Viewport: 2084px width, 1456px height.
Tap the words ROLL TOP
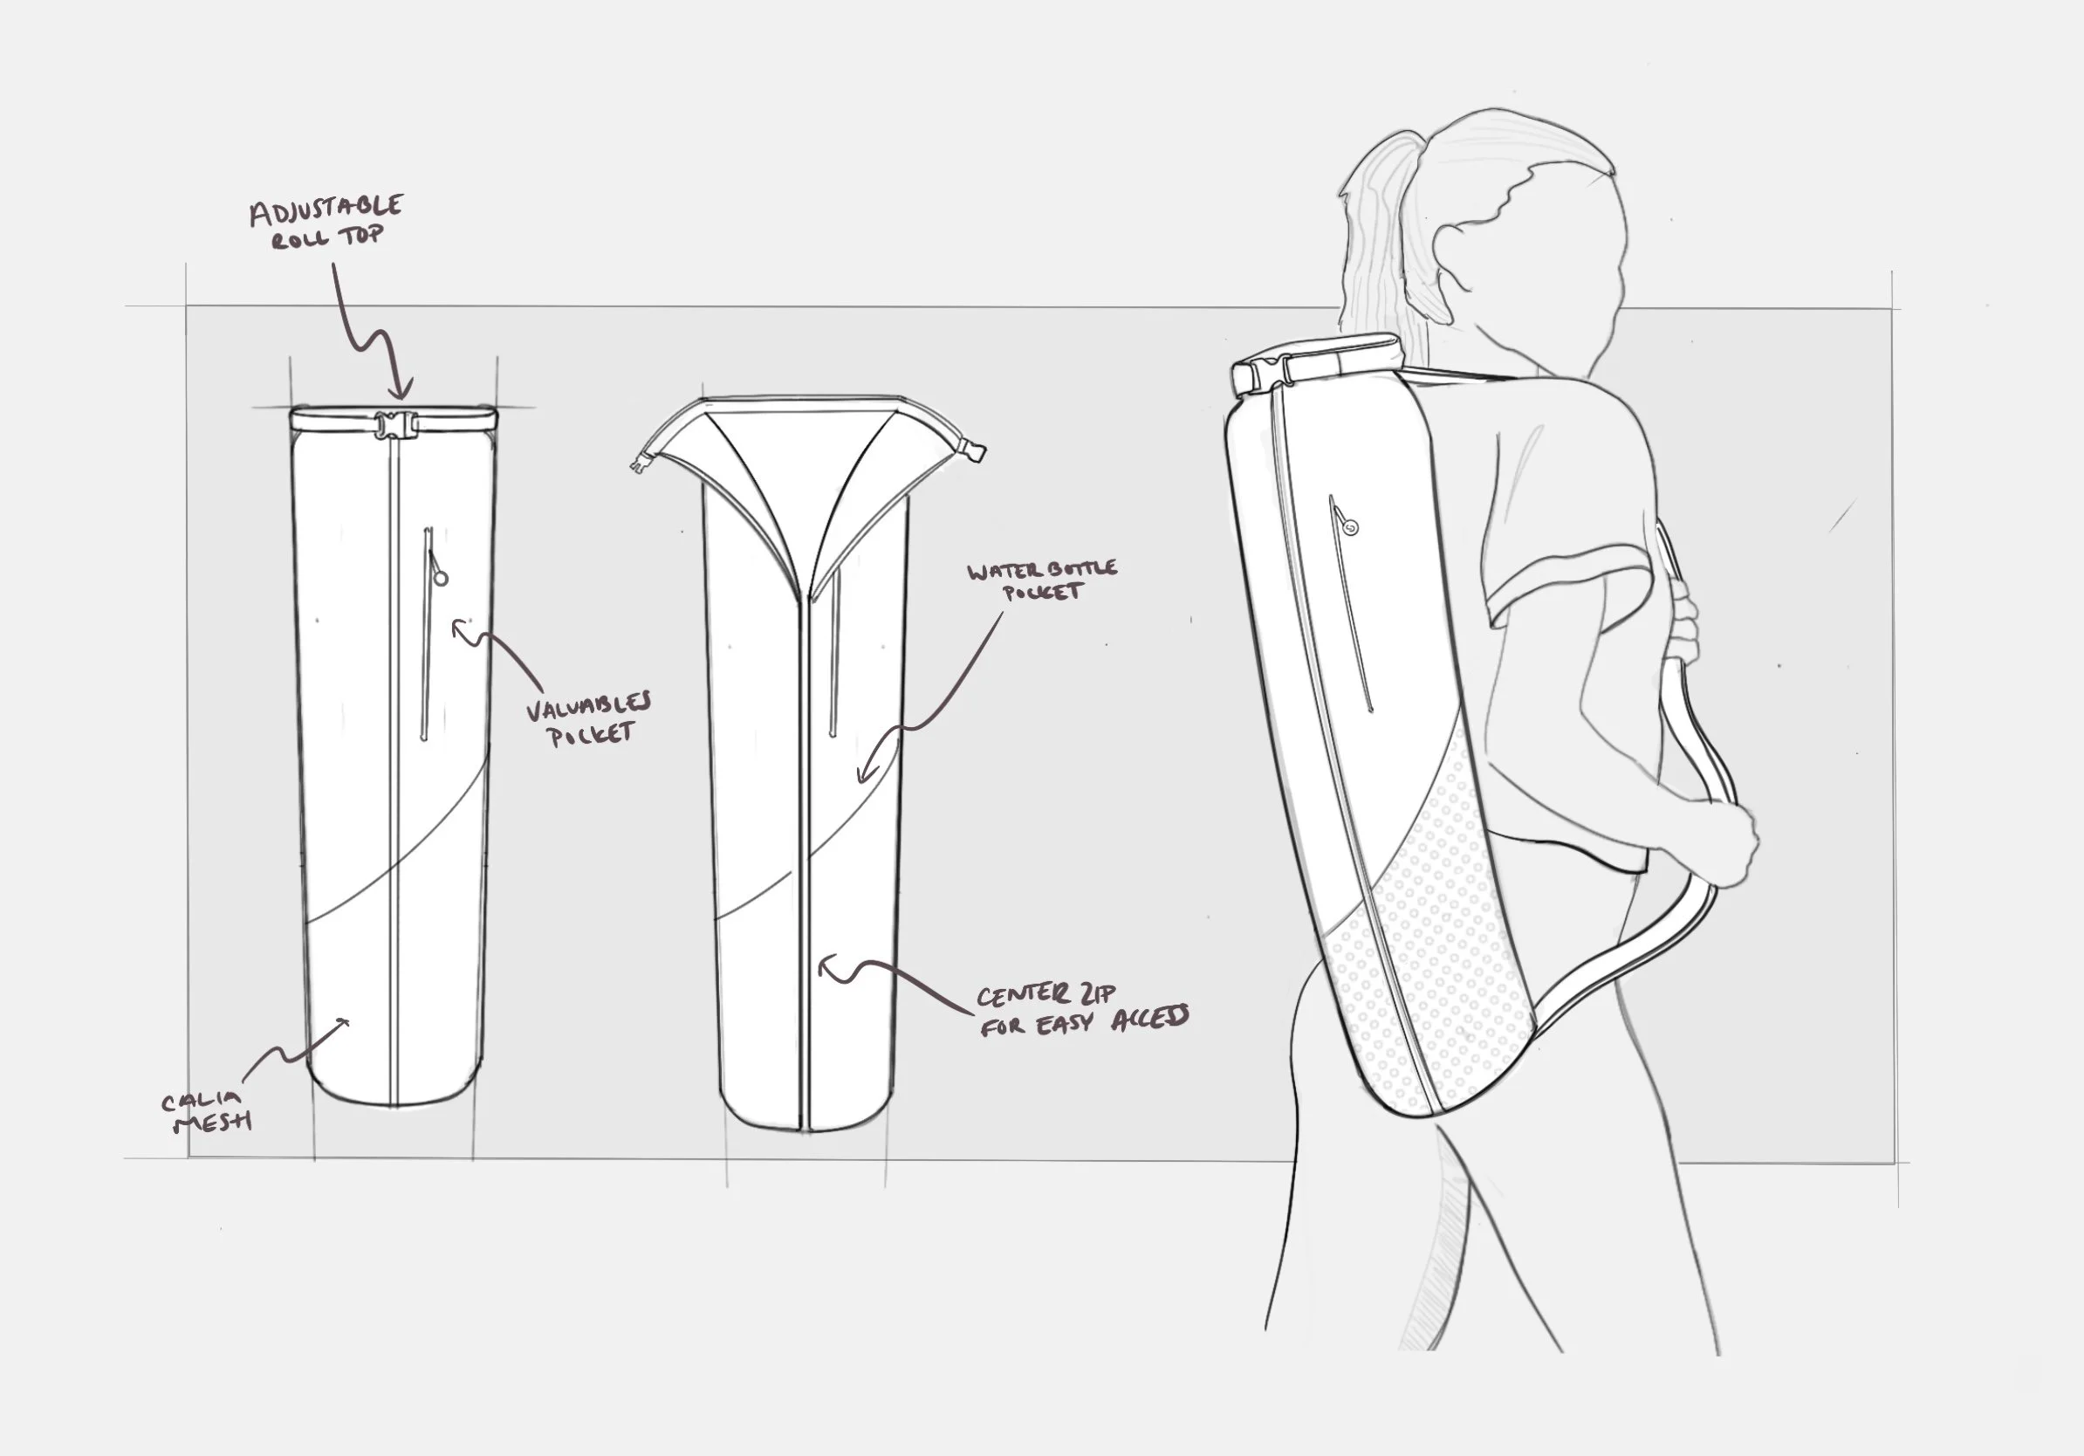(327, 237)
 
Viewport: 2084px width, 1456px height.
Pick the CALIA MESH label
(204, 1112)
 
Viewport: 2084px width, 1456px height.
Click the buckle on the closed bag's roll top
(393, 424)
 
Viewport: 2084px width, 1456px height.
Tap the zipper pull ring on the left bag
(441, 576)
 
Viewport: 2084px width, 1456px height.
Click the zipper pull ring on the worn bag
(1352, 526)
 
